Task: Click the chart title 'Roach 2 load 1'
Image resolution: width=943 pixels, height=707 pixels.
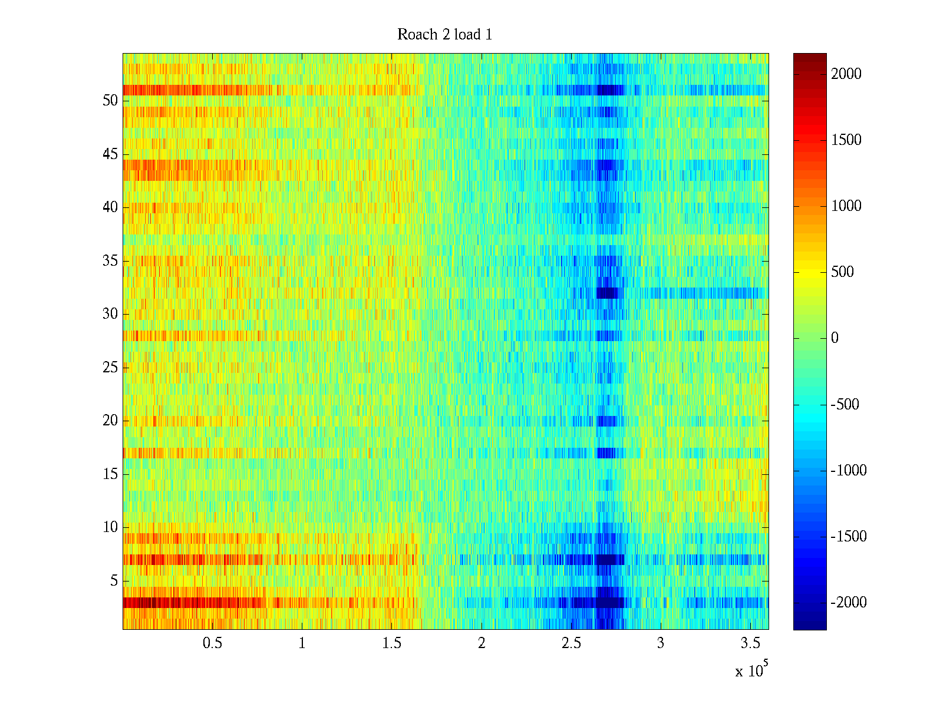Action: [444, 34]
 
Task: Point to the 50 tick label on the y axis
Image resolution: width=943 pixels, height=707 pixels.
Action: [110, 100]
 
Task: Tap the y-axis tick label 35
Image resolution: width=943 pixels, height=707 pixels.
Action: [110, 260]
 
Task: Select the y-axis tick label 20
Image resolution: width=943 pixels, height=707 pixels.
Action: [110, 420]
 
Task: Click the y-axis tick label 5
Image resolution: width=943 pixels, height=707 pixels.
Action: [114, 580]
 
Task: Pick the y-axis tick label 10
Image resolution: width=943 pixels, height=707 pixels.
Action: [110, 527]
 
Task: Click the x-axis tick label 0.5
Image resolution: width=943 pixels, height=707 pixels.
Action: [212, 643]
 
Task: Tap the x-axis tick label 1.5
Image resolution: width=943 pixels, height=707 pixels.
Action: [391, 643]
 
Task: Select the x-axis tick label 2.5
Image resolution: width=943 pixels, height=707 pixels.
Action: [571, 643]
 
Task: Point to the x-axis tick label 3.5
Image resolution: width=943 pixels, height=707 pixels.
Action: [750, 643]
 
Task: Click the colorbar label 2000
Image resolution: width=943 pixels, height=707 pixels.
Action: [846, 74]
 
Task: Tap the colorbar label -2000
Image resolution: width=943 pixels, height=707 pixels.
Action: [849, 602]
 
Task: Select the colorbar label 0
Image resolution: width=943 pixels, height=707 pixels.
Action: [835, 338]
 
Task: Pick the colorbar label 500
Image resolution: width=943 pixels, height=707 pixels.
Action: [842, 272]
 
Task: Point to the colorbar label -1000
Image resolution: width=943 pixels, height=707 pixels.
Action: [849, 470]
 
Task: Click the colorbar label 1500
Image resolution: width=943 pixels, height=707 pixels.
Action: [846, 140]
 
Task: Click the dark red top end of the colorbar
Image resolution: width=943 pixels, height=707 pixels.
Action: [810, 56]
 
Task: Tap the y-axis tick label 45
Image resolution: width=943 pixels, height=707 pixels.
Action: [110, 154]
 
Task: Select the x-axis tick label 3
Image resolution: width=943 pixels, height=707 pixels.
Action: [661, 643]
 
